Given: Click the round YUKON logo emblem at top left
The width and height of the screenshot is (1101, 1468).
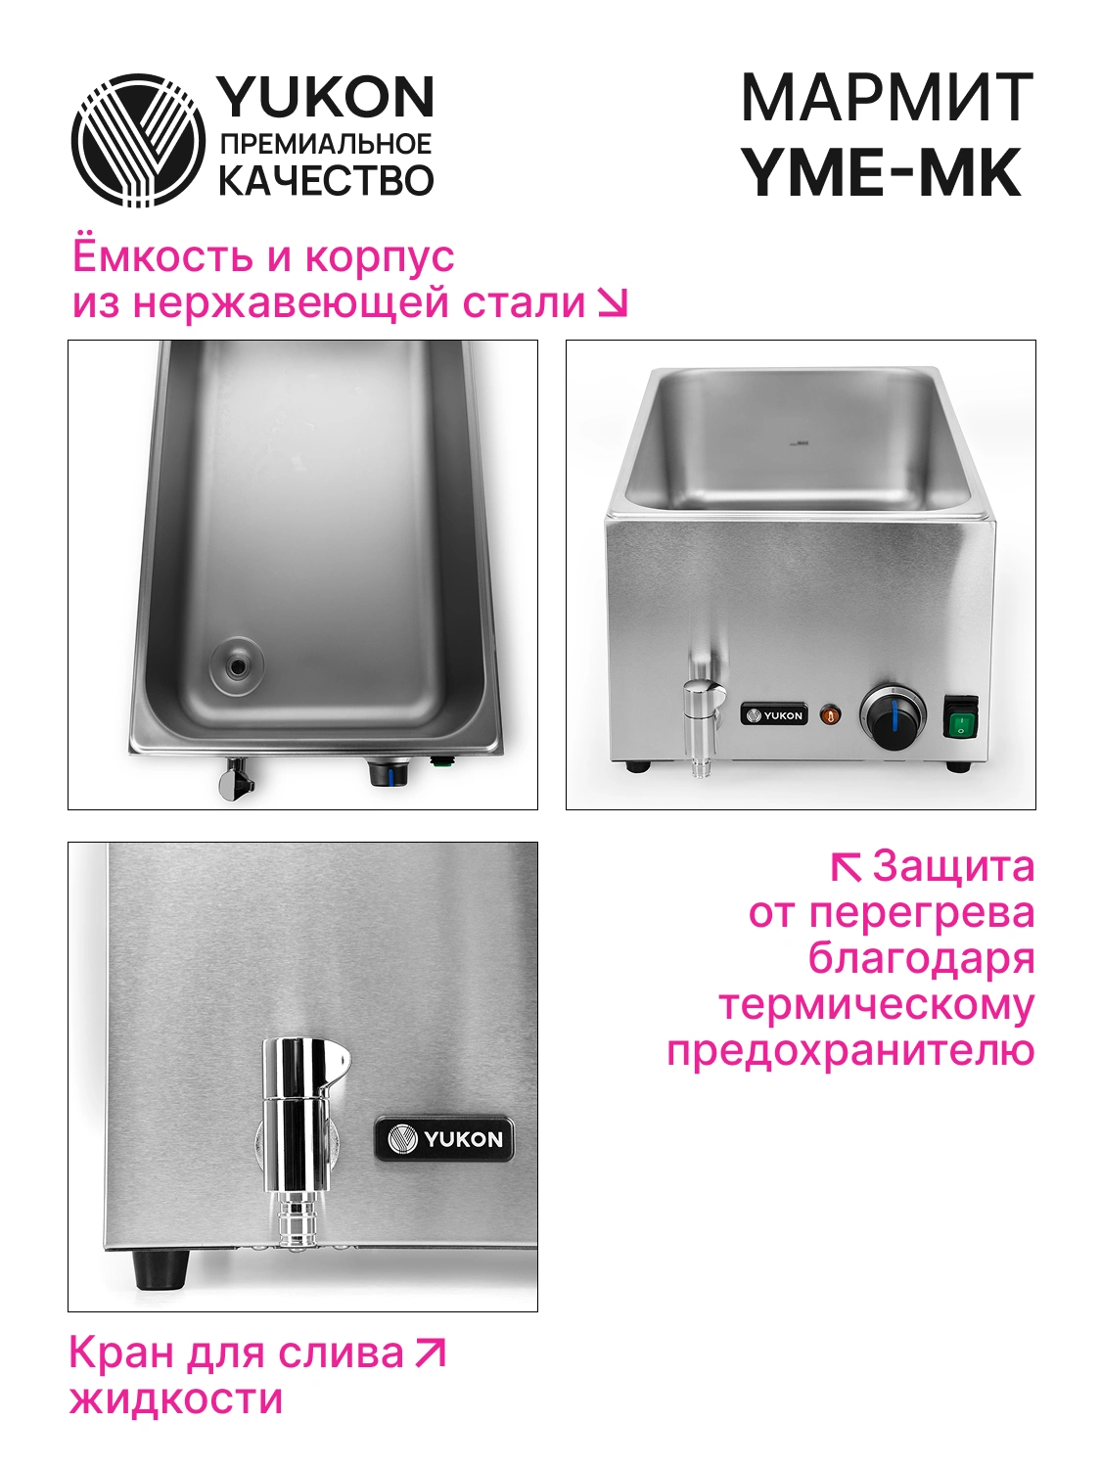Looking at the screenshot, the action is [138, 140].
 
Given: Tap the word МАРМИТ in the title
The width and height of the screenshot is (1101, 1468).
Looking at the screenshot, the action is [887, 98].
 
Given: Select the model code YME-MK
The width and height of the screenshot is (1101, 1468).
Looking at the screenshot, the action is [883, 172].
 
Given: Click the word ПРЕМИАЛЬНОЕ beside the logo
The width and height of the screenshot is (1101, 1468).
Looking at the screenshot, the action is [326, 143].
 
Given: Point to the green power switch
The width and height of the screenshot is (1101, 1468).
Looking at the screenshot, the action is [961, 716].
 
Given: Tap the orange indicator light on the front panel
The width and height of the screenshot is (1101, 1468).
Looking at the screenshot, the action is [830, 715].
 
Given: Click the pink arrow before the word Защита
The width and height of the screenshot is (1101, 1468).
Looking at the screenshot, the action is [846, 867].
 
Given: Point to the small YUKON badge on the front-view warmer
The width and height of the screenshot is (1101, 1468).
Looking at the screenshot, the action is [773, 715].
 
